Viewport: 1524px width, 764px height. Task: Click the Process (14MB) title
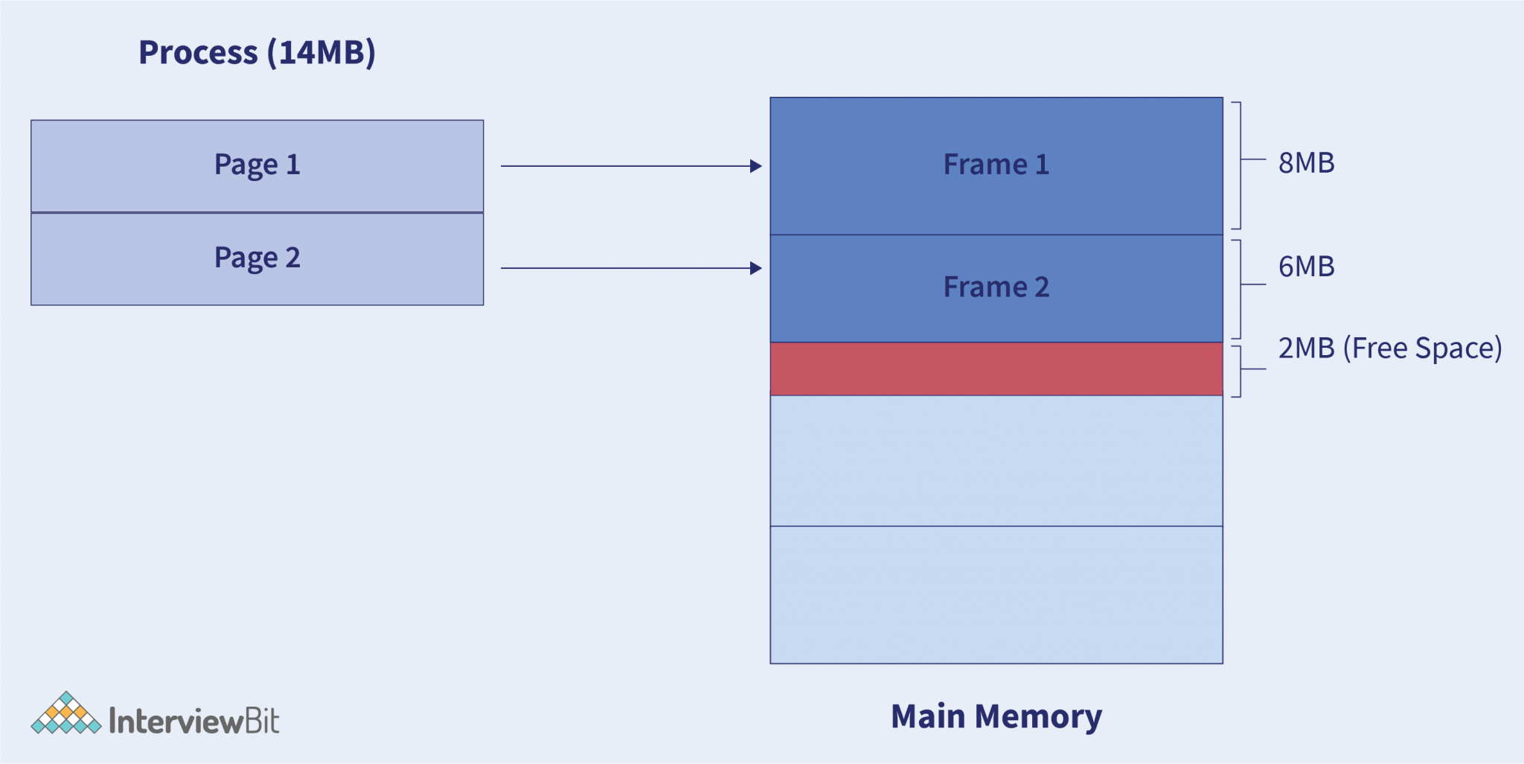[257, 52]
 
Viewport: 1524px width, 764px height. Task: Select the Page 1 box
[257, 165]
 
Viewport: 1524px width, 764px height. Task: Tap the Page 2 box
[257, 258]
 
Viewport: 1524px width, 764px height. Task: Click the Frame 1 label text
[996, 165]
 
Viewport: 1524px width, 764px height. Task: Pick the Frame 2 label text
[996, 287]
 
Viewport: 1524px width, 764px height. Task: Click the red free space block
[996, 369]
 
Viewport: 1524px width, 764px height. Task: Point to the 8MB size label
[1306, 163]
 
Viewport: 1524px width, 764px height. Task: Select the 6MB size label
[1306, 267]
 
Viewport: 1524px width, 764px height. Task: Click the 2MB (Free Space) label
[1389, 348]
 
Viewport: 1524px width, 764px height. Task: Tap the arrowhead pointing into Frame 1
[755, 166]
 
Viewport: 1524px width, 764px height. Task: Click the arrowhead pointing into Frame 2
[755, 268]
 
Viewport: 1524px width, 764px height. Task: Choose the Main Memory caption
[996, 716]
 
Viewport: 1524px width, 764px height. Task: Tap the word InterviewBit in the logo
[193, 721]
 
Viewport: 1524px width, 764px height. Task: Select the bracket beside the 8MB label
[1239, 165]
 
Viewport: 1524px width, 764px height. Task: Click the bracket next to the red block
[1239, 371]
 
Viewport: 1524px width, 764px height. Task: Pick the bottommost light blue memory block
[996, 594]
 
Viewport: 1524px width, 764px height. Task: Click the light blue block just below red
[996, 460]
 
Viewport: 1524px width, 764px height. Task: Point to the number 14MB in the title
[321, 52]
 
